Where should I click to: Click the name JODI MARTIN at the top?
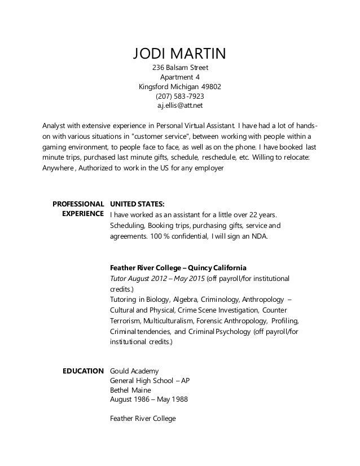pyautogui.click(x=179, y=54)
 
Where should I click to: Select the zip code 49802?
pyautogui.click(x=211, y=87)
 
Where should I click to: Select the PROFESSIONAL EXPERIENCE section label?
pyautogui.click(x=78, y=209)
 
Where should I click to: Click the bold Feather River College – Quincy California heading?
pyautogui.click(x=178, y=267)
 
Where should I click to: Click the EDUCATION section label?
pyautogui.click(x=82, y=371)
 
